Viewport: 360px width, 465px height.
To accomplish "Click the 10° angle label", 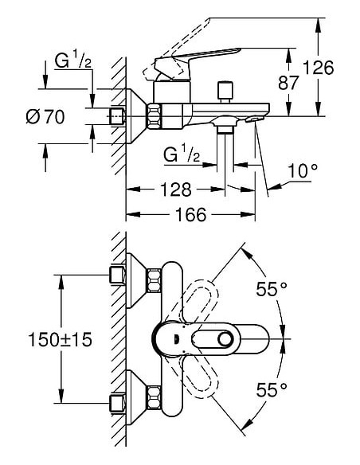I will tap(302, 170).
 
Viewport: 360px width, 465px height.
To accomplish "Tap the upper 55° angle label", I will tap(272, 289).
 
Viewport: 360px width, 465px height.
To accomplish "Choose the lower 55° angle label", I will tap(272, 390).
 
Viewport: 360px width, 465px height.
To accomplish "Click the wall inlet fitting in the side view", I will tap(118, 117).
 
